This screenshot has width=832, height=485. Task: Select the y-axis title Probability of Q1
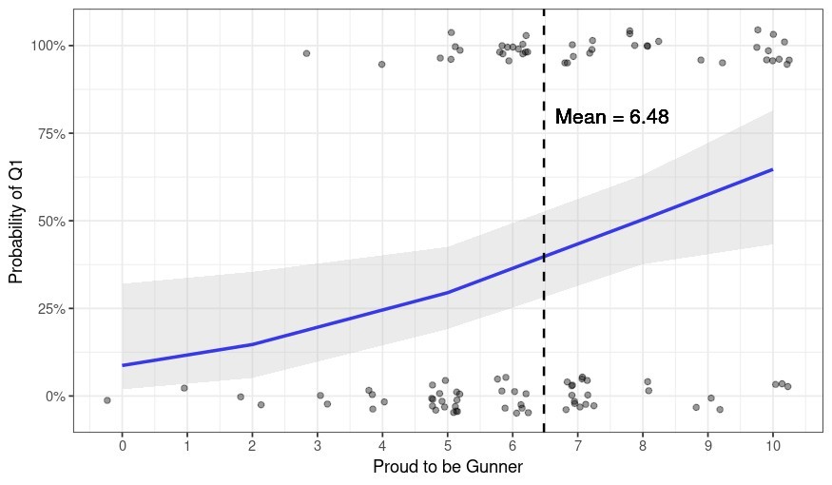pos(16,221)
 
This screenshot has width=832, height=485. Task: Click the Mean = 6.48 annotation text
pos(611,118)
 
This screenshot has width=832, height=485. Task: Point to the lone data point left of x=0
pos(107,400)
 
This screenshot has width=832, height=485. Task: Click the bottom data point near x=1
pos(184,388)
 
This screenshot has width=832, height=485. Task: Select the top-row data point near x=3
pos(306,53)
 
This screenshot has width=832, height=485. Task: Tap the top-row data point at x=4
pos(381,65)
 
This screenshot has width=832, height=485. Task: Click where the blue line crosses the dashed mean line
pos(544,257)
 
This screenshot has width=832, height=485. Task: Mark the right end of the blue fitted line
pos(772,169)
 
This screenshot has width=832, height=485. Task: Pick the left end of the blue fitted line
pos(123,365)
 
